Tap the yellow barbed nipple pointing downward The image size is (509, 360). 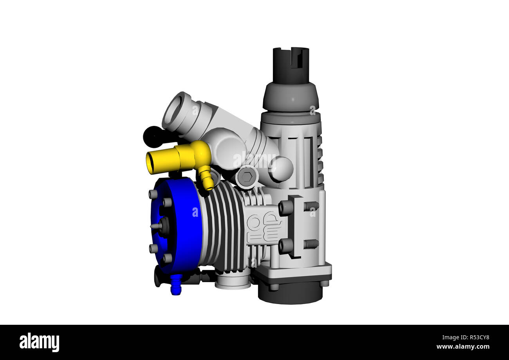coord(207,180)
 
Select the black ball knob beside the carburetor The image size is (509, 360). coord(153,137)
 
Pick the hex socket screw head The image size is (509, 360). coord(247,177)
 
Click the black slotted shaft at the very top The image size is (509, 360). coord(291,65)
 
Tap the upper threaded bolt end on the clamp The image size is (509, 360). coord(311,206)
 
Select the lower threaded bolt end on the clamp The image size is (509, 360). coord(311,244)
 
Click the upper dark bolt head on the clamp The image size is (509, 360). coord(285,208)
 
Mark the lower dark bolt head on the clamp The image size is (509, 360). coord(285,246)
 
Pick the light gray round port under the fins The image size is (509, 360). coord(233,281)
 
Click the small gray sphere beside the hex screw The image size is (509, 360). coord(281,169)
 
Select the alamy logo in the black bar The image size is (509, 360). coord(39,342)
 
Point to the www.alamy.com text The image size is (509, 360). coord(463,347)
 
